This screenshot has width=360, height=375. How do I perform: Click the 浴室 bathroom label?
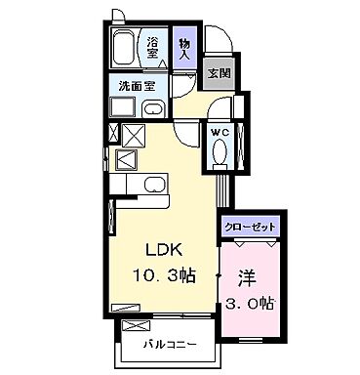click(153, 47)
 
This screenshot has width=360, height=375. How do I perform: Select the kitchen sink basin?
click(154, 185)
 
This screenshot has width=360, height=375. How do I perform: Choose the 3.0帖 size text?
click(250, 302)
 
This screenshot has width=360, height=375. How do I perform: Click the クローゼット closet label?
click(251, 227)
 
